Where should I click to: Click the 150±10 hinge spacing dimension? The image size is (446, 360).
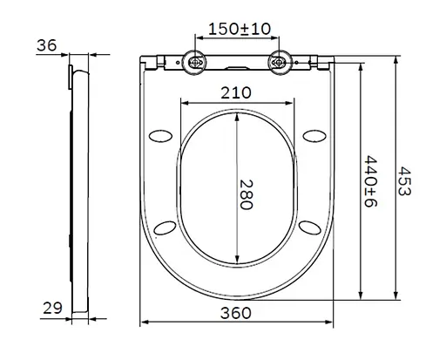240,29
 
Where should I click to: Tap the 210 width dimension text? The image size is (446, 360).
236,92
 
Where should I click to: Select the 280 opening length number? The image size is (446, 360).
246,194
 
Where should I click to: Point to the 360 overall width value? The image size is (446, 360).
235,313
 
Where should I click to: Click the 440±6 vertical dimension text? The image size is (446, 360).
370,181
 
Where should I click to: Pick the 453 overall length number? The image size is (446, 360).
404,181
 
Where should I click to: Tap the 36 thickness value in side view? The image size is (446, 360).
47,45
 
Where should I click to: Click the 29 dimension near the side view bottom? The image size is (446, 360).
52,308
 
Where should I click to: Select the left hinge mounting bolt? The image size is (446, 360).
194,62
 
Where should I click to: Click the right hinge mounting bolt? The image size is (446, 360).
279,62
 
